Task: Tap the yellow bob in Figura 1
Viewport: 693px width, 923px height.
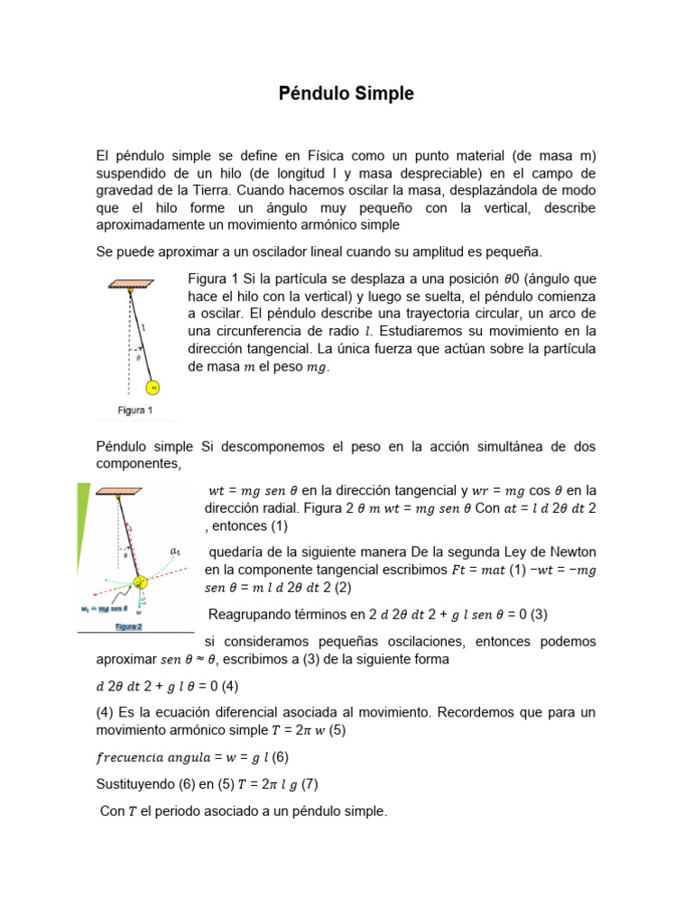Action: click(x=153, y=388)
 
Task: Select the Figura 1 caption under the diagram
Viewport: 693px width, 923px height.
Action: click(x=135, y=410)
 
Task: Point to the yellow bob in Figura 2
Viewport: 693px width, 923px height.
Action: click(x=141, y=582)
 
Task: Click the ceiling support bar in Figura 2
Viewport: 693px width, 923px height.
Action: click(x=117, y=492)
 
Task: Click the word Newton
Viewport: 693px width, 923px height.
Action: click(x=569, y=551)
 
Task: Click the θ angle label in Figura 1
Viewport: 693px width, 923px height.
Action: click(x=137, y=357)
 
